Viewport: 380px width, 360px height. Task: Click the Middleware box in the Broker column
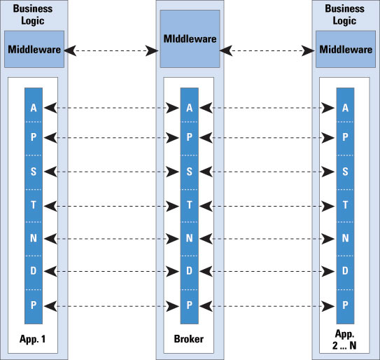(x=190, y=39)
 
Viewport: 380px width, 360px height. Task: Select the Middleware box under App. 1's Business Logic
(x=34, y=49)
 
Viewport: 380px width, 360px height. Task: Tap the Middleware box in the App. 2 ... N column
(x=346, y=49)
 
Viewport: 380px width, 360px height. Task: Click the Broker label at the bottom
(x=189, y=339)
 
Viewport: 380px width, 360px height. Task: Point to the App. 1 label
(x=32, y=339)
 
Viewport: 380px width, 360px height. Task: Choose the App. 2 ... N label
(x=344, y=340)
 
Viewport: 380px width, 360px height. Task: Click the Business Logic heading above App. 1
(x=33, y=15)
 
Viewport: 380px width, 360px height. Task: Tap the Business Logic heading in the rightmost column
(x=344, y=15)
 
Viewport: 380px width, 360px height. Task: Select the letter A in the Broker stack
(x=190, y=108)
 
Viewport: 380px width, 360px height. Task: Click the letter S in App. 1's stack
(x=34, y=172)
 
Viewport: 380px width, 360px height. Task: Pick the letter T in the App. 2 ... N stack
(x=345, y=205)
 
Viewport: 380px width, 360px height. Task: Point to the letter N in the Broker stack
(x=190, y=238)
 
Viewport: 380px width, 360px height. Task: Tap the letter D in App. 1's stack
(x=34, y=270)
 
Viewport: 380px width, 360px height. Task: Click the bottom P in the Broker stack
(x=190, y=305)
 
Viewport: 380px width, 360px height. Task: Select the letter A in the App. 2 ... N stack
(x=345, y=108)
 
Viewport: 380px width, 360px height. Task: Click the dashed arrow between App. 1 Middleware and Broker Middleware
(x=111, y=50)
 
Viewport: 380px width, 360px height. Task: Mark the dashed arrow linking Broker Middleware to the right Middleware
(x=267, y=50)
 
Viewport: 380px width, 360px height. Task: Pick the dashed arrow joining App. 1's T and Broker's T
(x=111, y=206)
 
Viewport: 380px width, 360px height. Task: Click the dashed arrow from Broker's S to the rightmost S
(x=267, y=172)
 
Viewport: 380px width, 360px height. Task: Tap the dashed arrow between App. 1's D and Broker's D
(x=111, y=272)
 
